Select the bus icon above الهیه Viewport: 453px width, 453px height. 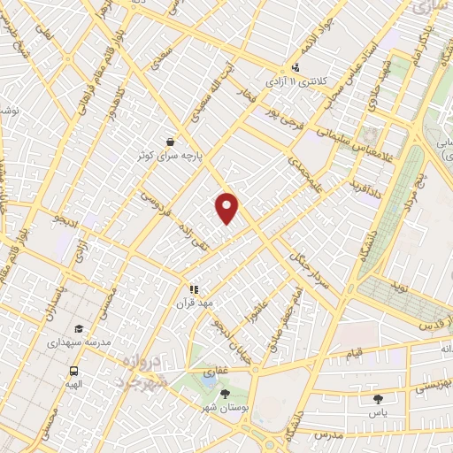73,372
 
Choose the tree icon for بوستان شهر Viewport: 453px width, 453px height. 225,395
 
